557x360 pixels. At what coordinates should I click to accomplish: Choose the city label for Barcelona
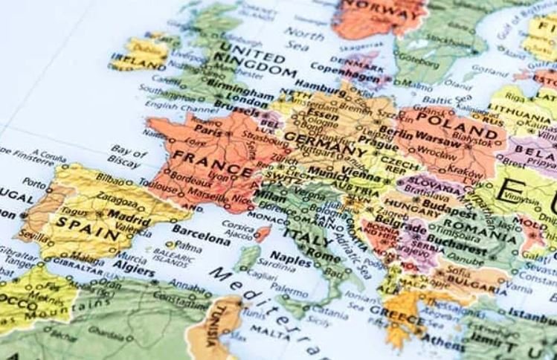coord(201,239)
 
